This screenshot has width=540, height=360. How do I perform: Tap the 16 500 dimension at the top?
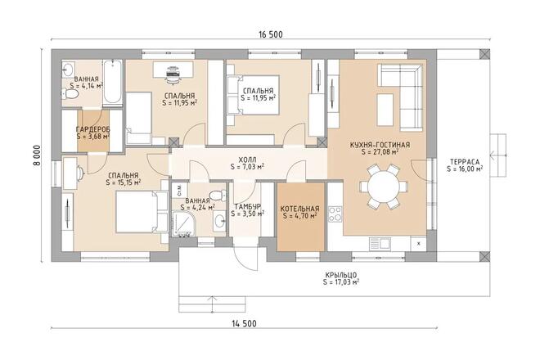point(271,34)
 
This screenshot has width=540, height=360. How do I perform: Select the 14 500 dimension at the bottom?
point(244,323)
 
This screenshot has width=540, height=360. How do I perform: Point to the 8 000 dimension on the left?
point(37,155)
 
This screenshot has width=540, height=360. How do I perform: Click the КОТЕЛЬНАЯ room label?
point(300,209)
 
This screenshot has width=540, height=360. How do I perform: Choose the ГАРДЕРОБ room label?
point(93,129)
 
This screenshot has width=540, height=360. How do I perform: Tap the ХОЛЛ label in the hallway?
point(247,160)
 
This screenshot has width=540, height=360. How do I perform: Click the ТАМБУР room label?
point(247,207)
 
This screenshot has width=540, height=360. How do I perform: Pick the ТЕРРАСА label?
point(465,162)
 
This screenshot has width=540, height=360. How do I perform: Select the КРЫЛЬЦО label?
point(341,275)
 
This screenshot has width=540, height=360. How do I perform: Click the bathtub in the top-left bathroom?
point(113,83)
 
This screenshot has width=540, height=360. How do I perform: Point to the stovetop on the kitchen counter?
point(335,214)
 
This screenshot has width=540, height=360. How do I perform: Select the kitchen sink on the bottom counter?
point(380,244)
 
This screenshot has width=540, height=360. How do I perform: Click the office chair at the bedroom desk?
point(172,74)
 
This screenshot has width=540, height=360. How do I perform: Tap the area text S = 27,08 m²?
point(380,152)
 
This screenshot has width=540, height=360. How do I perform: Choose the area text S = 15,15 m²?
point(124,182)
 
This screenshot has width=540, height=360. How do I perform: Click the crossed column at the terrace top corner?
point(485,55)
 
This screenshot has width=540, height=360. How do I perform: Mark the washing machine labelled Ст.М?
point(179,190)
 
